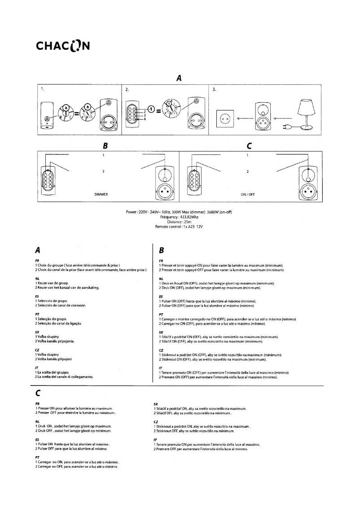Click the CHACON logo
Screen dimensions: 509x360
point(64,47)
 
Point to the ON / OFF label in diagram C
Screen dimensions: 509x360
point(248,195)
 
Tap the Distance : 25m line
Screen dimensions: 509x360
point(180,222)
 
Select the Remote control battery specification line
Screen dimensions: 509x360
point(180,227)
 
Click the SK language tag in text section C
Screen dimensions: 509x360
point(156,404)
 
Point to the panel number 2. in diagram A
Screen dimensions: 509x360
point(128,89)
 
